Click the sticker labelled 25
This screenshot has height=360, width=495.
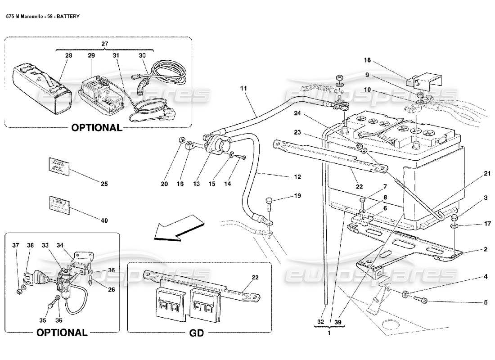(x=57, y=165)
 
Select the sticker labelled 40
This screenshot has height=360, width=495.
(x=57, y=203)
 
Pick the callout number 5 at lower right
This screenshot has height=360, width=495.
(x=486, y=303)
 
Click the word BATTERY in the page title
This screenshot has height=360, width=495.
(x=68, y=16)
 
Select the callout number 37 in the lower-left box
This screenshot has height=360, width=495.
(x=16, y=245)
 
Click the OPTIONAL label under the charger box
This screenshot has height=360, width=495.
(x=97, y=127)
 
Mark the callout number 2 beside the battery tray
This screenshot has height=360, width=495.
(x=486, y=249)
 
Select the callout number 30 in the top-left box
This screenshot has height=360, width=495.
(x=142, y=55)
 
